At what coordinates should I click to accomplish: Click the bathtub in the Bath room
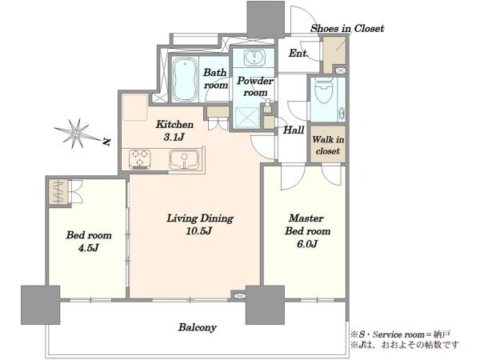[184, 79]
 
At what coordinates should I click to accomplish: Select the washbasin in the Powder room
[254, 58]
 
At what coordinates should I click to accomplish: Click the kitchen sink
[184, 159]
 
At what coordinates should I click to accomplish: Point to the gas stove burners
[139, 159]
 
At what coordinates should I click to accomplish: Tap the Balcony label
[198, 327]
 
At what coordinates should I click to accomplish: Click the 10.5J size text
[199, 231]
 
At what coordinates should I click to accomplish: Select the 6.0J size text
[307, 244]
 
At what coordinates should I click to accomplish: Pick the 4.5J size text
[89, 248]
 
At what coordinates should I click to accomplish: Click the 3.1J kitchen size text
[174, 137]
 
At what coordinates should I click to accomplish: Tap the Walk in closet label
[328, 145]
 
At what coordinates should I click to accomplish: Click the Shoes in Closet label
[347, 29]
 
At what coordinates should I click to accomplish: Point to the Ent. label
[298, 54]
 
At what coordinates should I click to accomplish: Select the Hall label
[294, 130]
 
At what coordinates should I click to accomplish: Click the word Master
[306, 218]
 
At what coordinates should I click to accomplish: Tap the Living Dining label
[200, 218]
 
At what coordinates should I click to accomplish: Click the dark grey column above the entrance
[266, 19]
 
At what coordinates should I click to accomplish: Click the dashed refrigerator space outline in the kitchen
[135, 107]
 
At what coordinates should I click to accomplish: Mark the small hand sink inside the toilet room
[342, 114]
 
